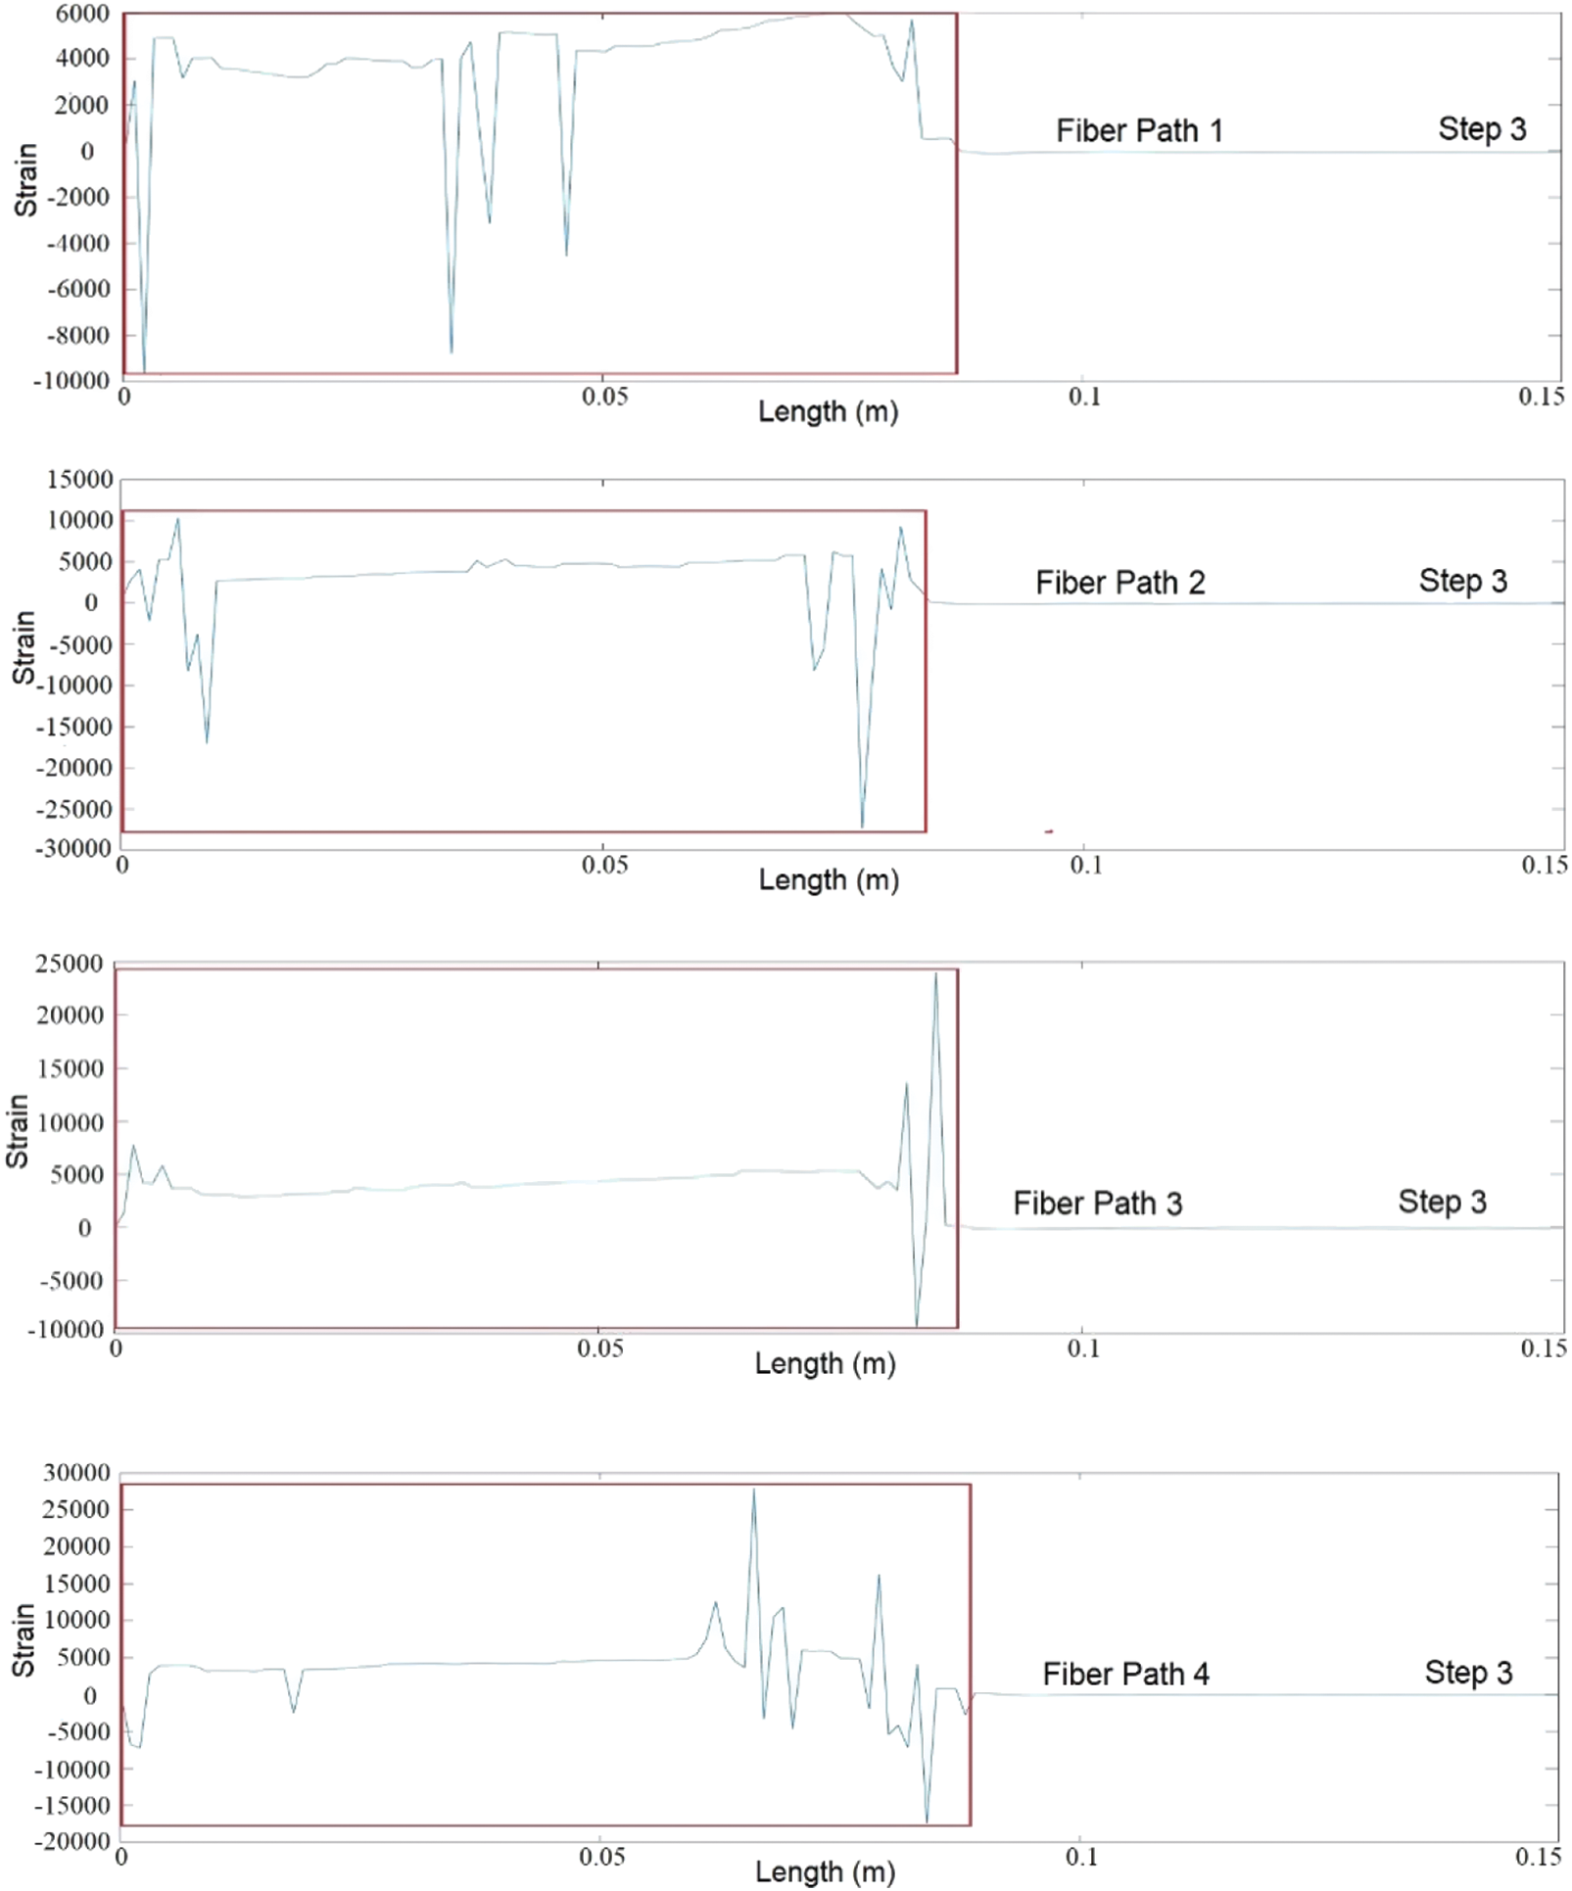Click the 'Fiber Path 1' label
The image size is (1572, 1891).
[x=1139, y=130]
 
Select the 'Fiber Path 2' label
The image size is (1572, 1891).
[x=1119, y=583]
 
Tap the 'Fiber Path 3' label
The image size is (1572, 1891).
[x=1097, y=1203]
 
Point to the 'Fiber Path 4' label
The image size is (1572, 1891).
[x=1125, y=1674]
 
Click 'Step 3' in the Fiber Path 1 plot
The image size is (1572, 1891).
[x=1482, y=128]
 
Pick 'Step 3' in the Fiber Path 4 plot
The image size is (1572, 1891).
[x=1468, y=1673]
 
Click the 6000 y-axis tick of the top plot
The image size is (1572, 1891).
[x=82, y=14]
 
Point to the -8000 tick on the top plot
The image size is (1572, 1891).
[x=78, y=335]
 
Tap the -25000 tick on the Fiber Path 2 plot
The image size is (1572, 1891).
[x=74, y=809]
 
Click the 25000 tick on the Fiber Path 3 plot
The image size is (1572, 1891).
[x=70, y=964]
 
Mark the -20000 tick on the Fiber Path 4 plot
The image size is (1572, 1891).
[x=73, y=1840]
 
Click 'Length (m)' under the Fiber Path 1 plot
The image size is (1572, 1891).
[x=828, y=411]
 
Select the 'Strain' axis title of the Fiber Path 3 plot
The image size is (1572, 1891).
[x=18, y=1131]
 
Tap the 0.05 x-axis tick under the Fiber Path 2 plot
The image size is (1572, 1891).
[x=604, y=866]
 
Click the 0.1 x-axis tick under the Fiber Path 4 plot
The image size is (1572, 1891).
[x=1081, y=1857]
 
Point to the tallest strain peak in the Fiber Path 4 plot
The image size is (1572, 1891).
[x=753, y=1489]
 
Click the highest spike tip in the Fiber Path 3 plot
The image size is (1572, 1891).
[x=935, y=973]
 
